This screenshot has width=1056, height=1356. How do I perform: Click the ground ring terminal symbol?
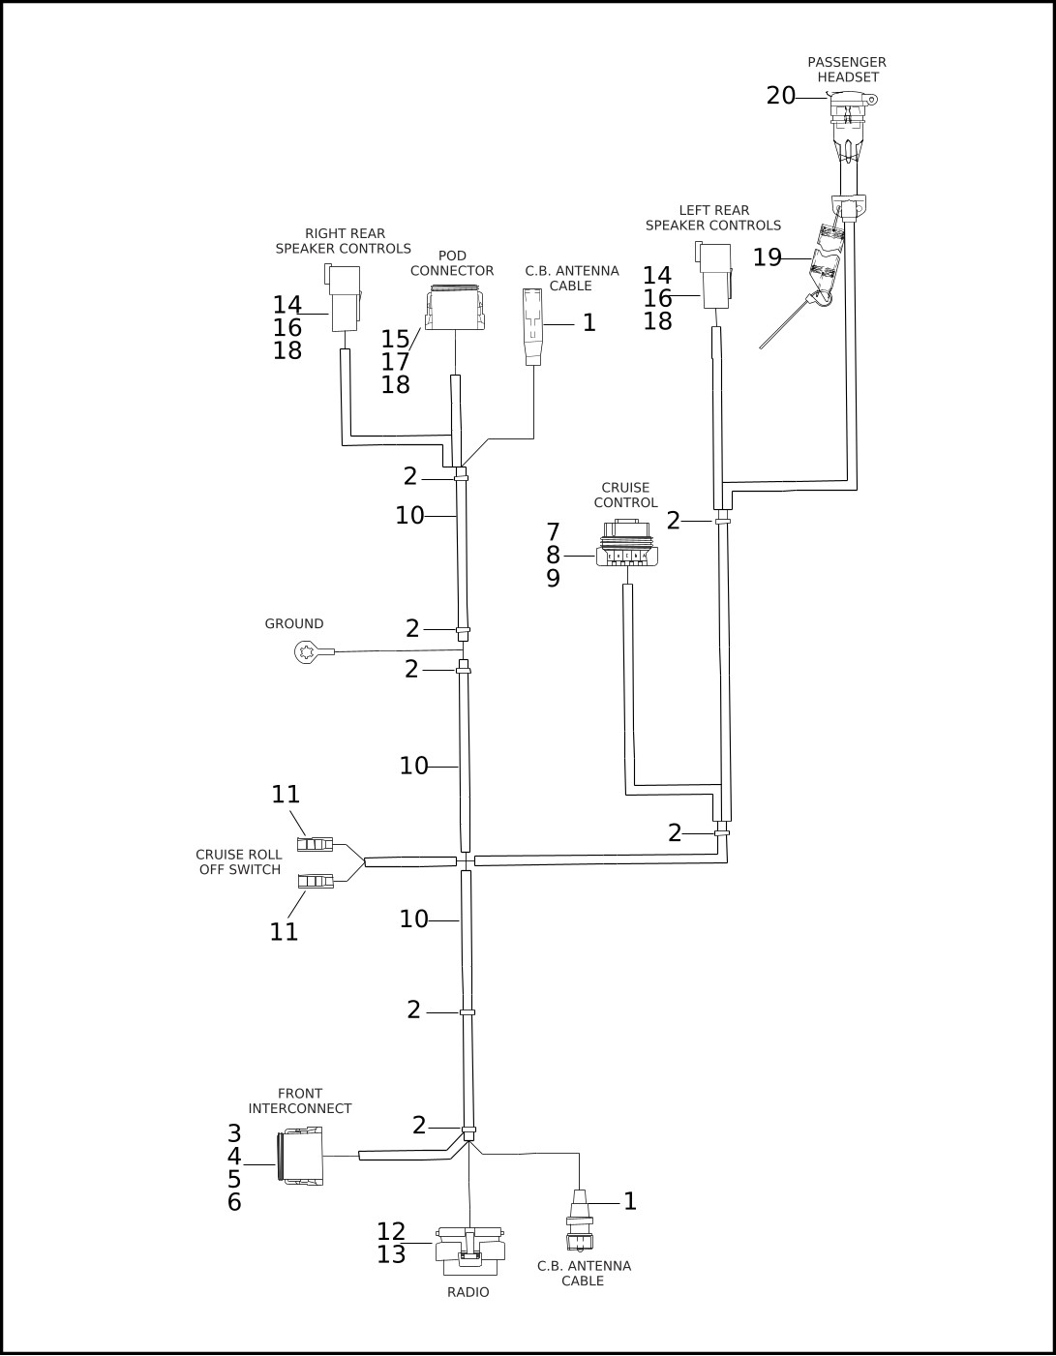point(306,652)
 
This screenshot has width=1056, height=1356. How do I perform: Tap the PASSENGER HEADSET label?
point(846,70)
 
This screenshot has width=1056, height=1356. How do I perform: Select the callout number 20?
point(780,96)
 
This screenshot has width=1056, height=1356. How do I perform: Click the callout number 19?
point(768,257)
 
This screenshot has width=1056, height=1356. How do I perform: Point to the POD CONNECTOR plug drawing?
point(456,308)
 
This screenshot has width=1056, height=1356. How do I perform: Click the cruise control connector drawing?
point(627,542)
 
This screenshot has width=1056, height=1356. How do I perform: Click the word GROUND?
point(294,623)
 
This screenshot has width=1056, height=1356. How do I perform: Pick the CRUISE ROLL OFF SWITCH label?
point(239,861)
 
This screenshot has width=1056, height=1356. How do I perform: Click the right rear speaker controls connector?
point(344,297)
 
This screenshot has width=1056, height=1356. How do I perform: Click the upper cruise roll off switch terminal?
point(315,845)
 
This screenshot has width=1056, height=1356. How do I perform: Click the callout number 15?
point(395,339)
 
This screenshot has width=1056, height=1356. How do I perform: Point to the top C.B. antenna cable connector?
point(532,326)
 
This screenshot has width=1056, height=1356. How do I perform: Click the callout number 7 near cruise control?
point(554,532)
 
